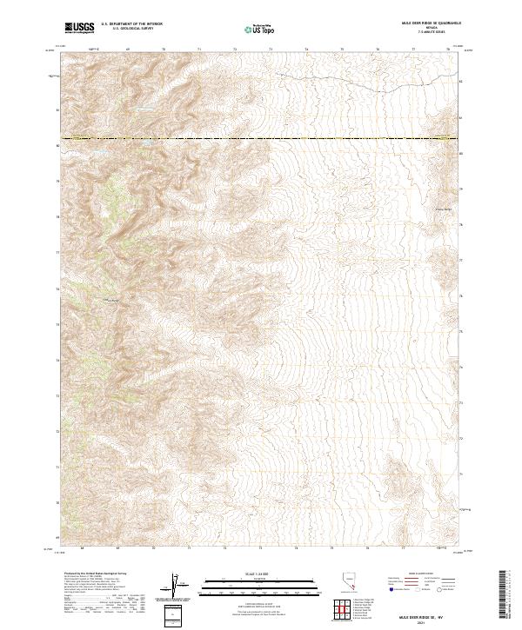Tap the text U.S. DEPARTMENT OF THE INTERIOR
tap(131, 24)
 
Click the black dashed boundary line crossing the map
tap(261, 139)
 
